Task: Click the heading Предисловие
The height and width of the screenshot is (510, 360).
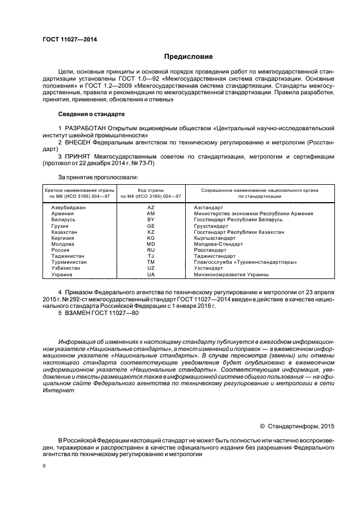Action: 189,56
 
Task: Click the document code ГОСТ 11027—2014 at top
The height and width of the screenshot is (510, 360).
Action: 66,39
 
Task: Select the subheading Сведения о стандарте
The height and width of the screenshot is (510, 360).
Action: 91,114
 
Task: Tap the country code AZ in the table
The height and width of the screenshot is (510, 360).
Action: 151,208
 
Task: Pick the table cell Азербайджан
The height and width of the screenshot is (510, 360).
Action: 69,208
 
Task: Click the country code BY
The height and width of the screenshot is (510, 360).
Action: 151,220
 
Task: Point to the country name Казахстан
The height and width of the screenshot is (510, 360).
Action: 64,232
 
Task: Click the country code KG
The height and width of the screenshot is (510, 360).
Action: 151,238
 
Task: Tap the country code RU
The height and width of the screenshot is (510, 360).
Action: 151,250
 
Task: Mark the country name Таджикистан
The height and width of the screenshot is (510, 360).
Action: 68,256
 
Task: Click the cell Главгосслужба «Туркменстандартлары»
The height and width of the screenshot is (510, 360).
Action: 245,262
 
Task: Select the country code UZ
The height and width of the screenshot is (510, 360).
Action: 151,268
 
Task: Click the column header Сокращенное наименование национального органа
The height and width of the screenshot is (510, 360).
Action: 259,190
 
